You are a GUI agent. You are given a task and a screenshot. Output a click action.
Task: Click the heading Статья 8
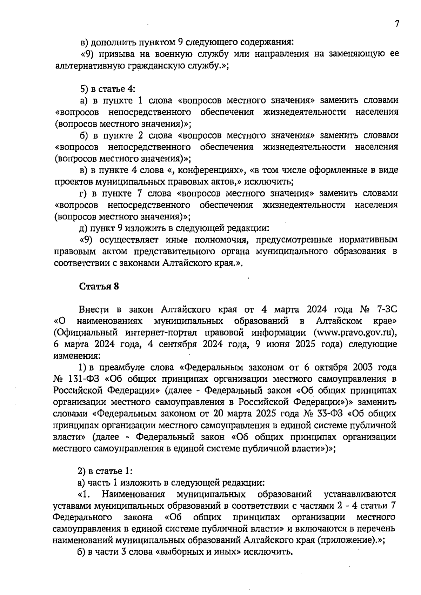pos(99,287)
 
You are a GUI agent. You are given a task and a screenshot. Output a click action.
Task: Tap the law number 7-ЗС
pos(387,309)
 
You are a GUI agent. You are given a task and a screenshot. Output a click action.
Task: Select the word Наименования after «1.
pos(133,494)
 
